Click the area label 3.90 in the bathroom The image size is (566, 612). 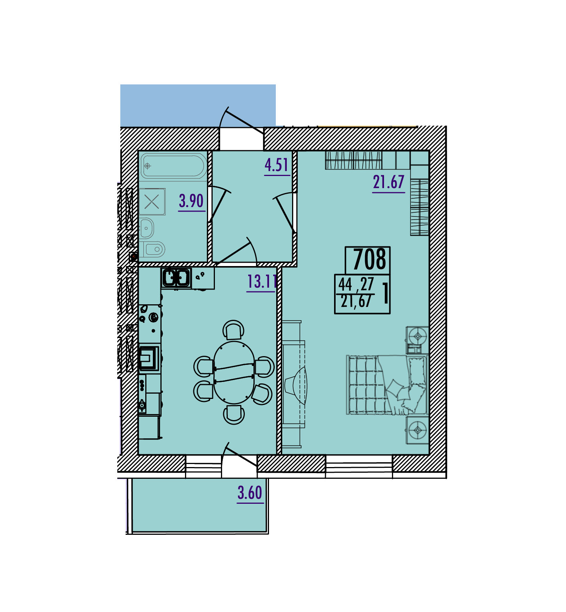pyautogui.click(x=191, y=201)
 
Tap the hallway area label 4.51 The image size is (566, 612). pyautogui.click(x=277, y=165)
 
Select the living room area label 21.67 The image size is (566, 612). pyautogui.click(x=389, y=182)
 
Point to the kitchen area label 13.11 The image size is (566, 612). pyautogui.click(x=262, y=282)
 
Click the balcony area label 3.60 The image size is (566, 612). pyautogui.click(x=250, y=493)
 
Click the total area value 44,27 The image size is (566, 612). pyautogui.click(x=356, y=284)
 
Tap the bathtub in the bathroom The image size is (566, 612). pyautogui.click(x=174, y=165)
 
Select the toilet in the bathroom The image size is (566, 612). pyautogui.click(x=154, y=249)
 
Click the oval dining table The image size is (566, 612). pyautogui.click(x=234, y=372)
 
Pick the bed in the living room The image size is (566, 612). pyautogui.click(x=387, y=385)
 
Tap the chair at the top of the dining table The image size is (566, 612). pyautogui.click(x=233, y=330)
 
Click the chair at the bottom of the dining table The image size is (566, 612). pyautogui.click(x=234, y=414)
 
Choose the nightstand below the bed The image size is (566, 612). pyautogui.click(x=417, y=430)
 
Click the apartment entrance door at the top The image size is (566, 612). pyautogui.click(x=242, y=121)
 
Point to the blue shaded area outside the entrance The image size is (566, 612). pyautogui.click(x=198, y=105)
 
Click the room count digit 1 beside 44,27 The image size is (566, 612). pyautogui.click(x=386, y=293)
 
